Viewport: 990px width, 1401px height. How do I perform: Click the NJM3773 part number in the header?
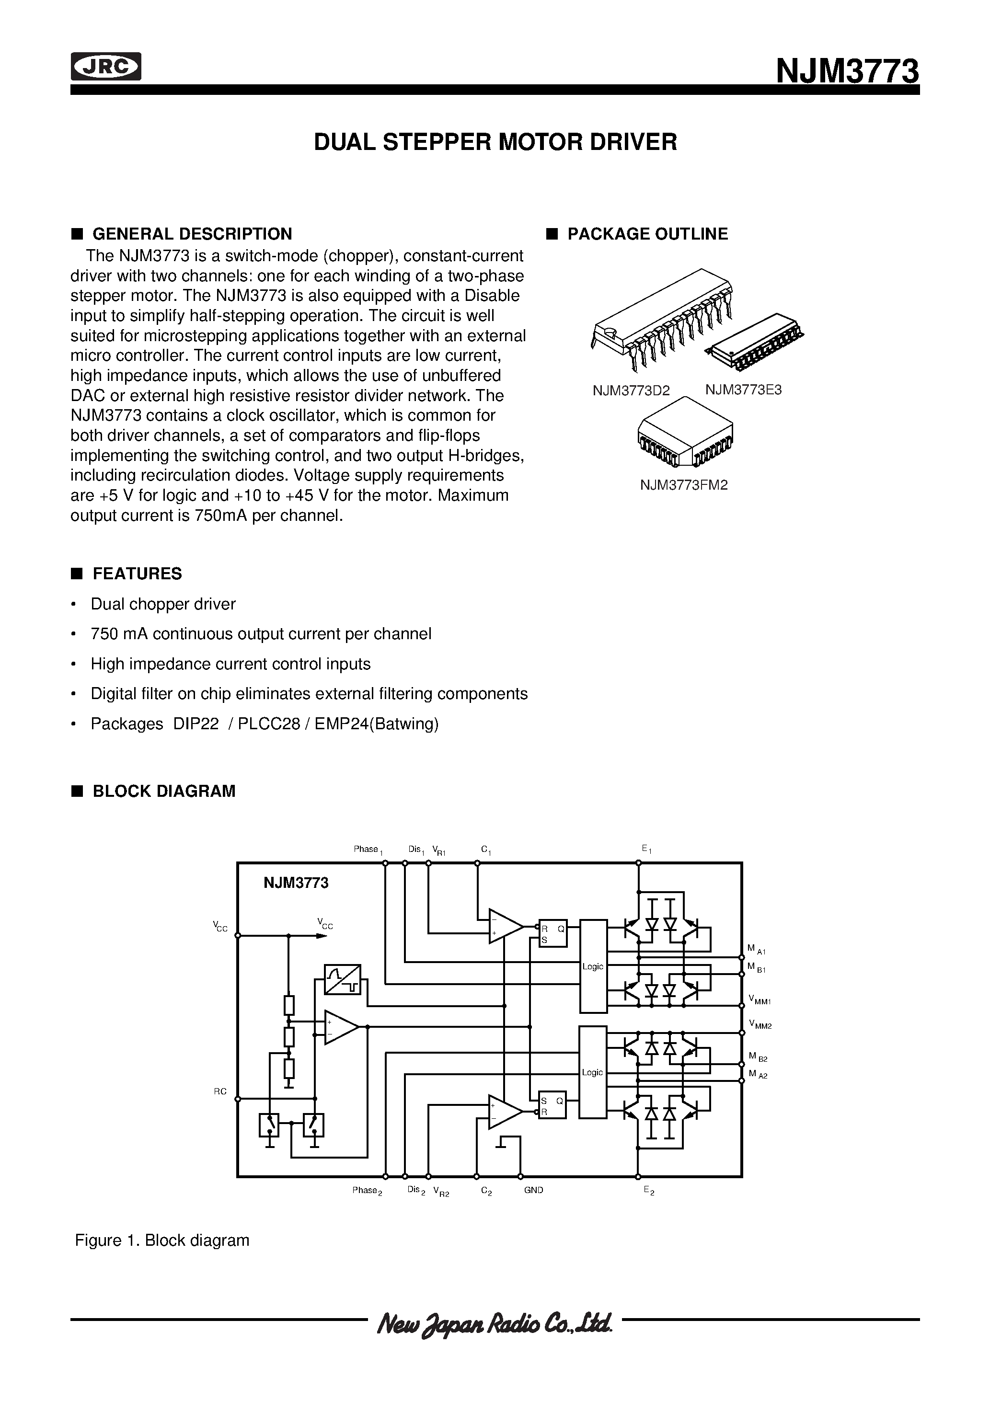point(847,71)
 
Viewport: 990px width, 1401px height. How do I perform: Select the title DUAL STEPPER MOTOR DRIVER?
point(495,142)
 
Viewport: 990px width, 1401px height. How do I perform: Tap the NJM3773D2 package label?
point(631,390)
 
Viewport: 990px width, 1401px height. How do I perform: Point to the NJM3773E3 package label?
point(743,390)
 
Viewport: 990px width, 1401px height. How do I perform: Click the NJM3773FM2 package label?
point(684,485)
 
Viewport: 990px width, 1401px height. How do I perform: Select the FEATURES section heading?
point(137,574)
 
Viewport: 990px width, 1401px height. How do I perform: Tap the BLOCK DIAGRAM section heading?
point(163,792)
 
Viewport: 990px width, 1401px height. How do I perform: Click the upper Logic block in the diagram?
point(593,966)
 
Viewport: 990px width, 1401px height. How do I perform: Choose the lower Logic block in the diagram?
point(593,1072)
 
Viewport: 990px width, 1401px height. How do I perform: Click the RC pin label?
point(220,1091)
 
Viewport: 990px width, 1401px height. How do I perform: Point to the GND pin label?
point(533,1190)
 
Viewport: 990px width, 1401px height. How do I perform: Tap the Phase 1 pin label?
point(368,850)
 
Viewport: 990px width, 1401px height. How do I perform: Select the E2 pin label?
point(648,1191)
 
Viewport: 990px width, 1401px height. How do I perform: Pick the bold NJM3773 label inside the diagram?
point(296,883)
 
